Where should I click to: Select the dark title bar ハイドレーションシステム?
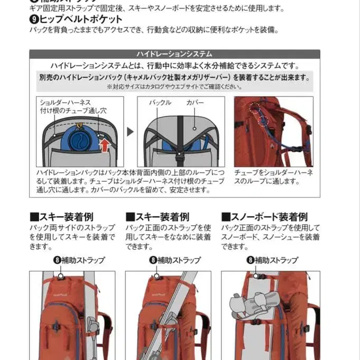[x=174, y=54]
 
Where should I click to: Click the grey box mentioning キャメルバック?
[x=174, y=77]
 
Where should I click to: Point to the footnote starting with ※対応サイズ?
[x=174, y=87]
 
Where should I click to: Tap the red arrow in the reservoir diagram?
[x=105, y=144]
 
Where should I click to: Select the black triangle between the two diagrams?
[x=130, y=132]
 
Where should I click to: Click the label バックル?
[x=160, y=103]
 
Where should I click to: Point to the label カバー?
[x=195, y=103]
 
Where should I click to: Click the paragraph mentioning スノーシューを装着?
[x=270, y=237]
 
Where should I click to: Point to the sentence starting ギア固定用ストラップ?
[x=156, y=8]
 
